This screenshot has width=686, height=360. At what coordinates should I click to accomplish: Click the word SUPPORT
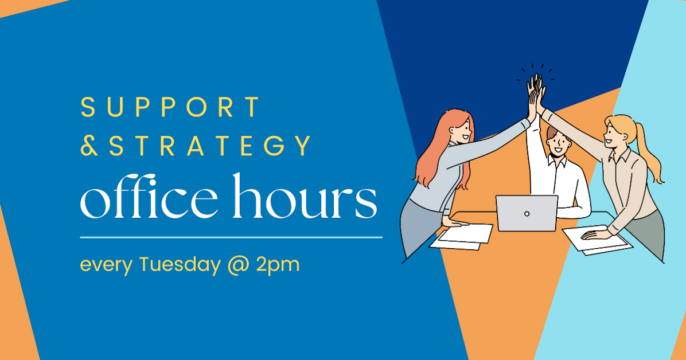[x=171, y=108]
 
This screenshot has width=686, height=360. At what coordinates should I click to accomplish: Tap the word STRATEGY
[x=210, y=146]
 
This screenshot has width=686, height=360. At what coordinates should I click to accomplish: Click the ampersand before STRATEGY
[x=89, y=146]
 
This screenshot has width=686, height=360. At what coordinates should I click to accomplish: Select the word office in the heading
[x=149, y=198]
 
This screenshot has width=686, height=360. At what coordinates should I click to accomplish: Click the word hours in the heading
[x=304, y=198]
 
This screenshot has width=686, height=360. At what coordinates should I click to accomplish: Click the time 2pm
[x=278, y=266]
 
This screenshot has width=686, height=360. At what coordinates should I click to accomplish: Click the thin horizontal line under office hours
[x=231, y=237]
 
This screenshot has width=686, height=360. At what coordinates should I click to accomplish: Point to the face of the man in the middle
[x=556, y=143]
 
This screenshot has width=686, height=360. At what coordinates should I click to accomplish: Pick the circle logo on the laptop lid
[x=527, y=214]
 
